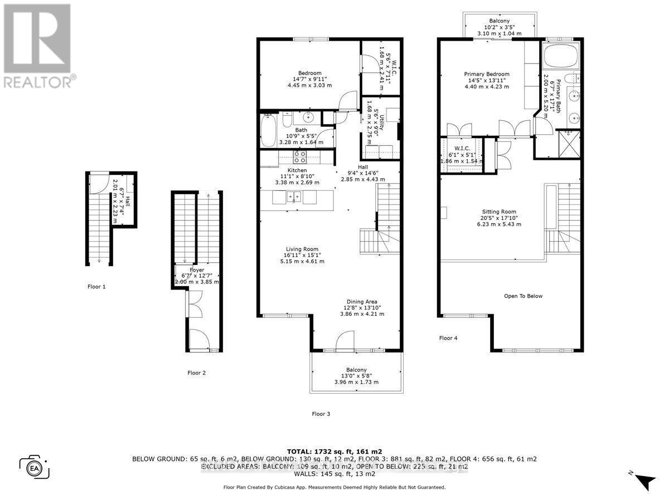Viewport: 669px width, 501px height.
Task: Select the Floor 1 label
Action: click(96, 287)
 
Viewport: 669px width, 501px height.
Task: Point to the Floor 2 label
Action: click(197, 373)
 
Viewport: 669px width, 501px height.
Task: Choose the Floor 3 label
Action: click(321, 414)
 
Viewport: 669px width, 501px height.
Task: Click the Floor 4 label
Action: click(448, 338)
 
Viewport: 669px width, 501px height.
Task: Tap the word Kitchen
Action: click(297, 170)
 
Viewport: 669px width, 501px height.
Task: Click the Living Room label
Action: click(303, 249)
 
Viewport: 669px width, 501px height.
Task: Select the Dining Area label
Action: click(362, 301)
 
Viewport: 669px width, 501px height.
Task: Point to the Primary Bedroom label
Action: click(487, 74)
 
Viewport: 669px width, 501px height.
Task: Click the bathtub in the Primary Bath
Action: click(561, 58)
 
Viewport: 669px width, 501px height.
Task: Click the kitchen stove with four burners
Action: click(299, 156)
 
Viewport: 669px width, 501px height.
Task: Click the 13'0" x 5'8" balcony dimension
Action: click(356, 376)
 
